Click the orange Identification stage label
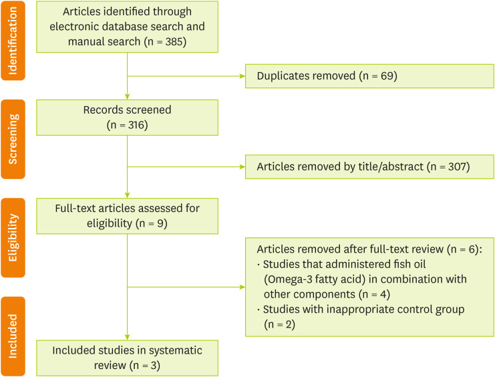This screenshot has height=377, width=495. [13, 39]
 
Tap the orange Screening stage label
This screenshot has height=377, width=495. [13, 139]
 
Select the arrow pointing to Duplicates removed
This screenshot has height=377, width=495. [241, 76]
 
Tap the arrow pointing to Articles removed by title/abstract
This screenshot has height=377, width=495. [241, 166]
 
